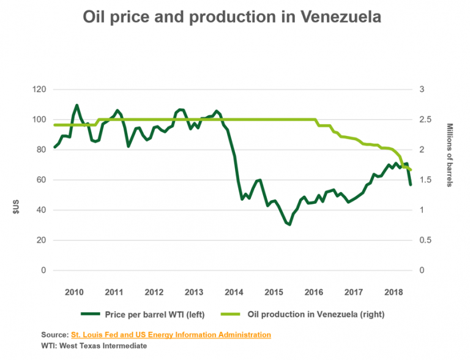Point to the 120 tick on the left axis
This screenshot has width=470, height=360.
39,89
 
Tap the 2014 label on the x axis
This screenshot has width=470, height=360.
234,291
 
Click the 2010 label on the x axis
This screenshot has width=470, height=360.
74,291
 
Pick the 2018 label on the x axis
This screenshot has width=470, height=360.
393,291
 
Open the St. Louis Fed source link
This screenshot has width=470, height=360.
171,335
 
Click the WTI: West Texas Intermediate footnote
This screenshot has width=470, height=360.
94,345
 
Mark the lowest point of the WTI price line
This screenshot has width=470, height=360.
289,225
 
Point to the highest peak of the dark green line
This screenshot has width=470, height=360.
76,105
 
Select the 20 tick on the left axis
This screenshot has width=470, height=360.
41,240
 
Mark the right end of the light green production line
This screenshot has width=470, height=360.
411,170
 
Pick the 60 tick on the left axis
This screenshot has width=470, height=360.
41,180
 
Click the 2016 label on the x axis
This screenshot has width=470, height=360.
313,291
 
